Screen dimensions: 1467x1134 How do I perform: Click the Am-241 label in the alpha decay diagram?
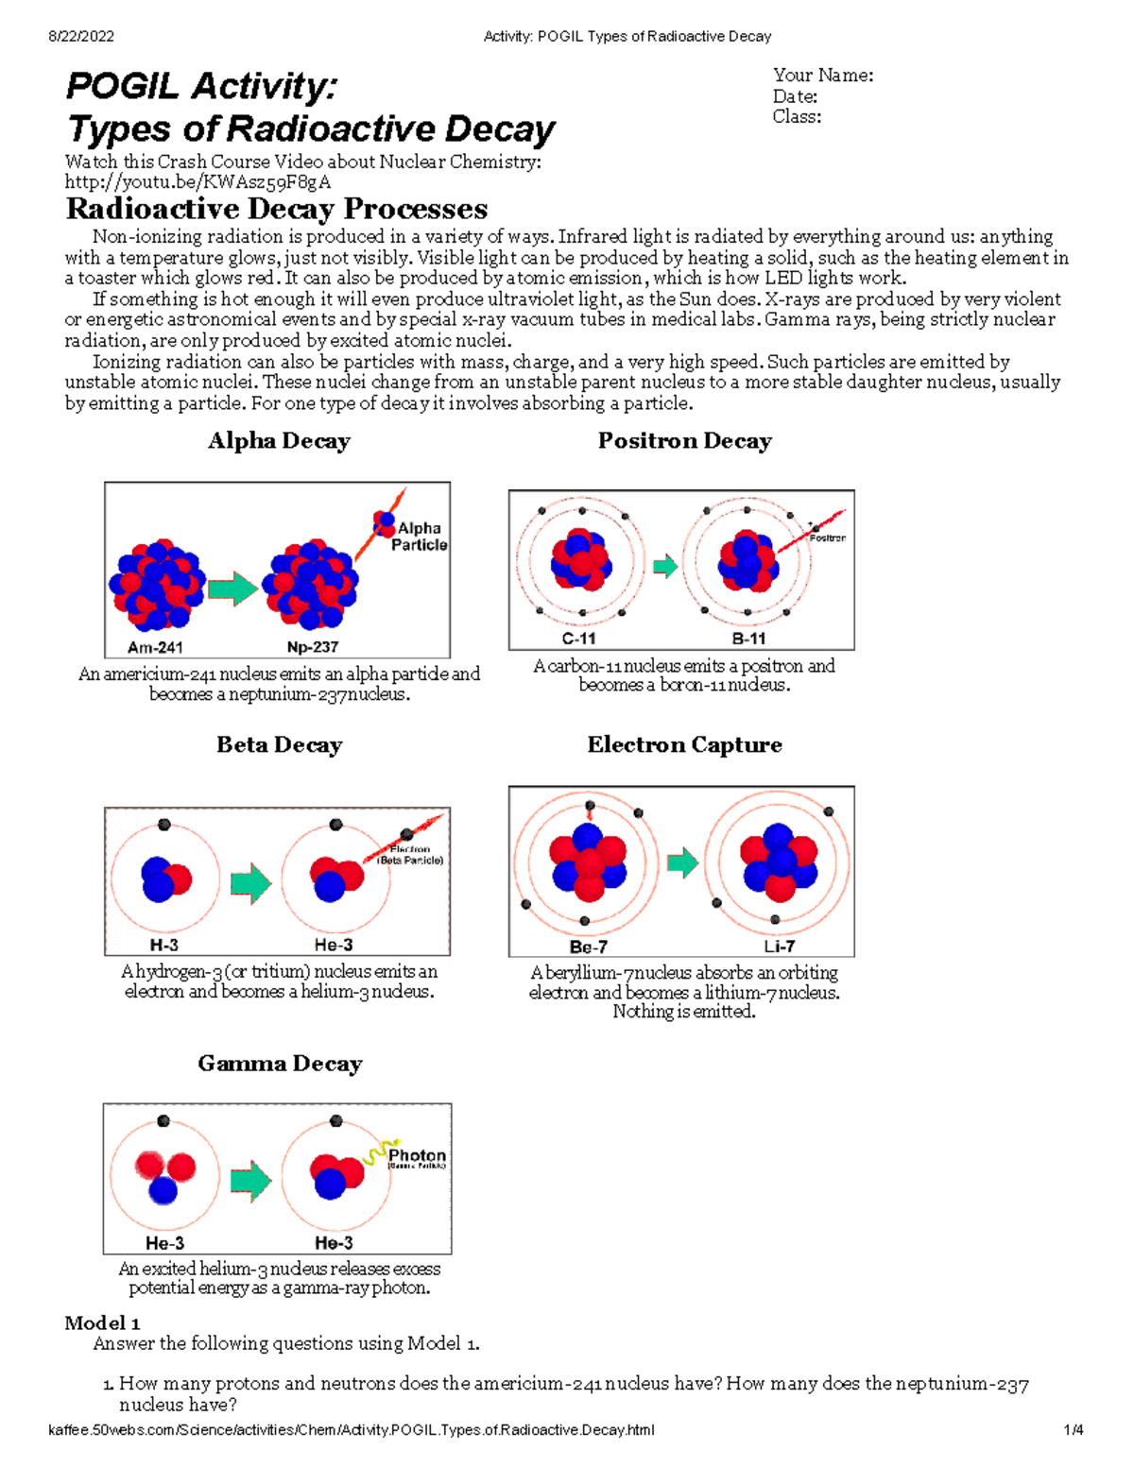tap(155, 647)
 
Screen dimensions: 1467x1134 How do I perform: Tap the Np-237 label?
tap(313, 647)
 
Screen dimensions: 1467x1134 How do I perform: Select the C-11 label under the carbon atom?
tap(578, 639)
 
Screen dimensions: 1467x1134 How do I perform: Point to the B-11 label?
tap(748, 639)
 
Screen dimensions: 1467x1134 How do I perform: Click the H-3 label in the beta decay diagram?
tap(163, 945)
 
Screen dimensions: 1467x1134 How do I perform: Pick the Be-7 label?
tap(588, 947)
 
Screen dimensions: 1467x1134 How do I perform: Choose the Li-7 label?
tap(780, 947)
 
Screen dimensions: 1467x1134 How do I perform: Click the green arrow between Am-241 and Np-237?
tap(232, 589)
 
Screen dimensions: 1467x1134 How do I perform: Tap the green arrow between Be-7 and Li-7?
tap(682, 861)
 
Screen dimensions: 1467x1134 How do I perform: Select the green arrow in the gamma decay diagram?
tap(250, 1180)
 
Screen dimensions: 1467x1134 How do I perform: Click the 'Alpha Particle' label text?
tap(420, 537)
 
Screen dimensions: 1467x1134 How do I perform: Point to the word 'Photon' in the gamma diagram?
tap(417, 1155)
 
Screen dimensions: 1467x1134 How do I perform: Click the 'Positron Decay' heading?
tap(684, 441)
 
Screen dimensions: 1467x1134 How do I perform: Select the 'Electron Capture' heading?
tap(684, 745)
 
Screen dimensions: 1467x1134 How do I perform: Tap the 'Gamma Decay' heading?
tap(280, 1064)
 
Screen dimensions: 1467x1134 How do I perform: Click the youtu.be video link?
tap(198, 182)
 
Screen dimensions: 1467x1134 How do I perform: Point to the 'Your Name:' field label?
tap(822, 76)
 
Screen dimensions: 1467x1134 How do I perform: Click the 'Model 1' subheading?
tap(102, 1322)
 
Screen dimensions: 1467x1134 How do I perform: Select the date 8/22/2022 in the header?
tap(81, 37)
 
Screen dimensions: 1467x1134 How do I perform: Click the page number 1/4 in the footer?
tap(1074, 1430)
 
